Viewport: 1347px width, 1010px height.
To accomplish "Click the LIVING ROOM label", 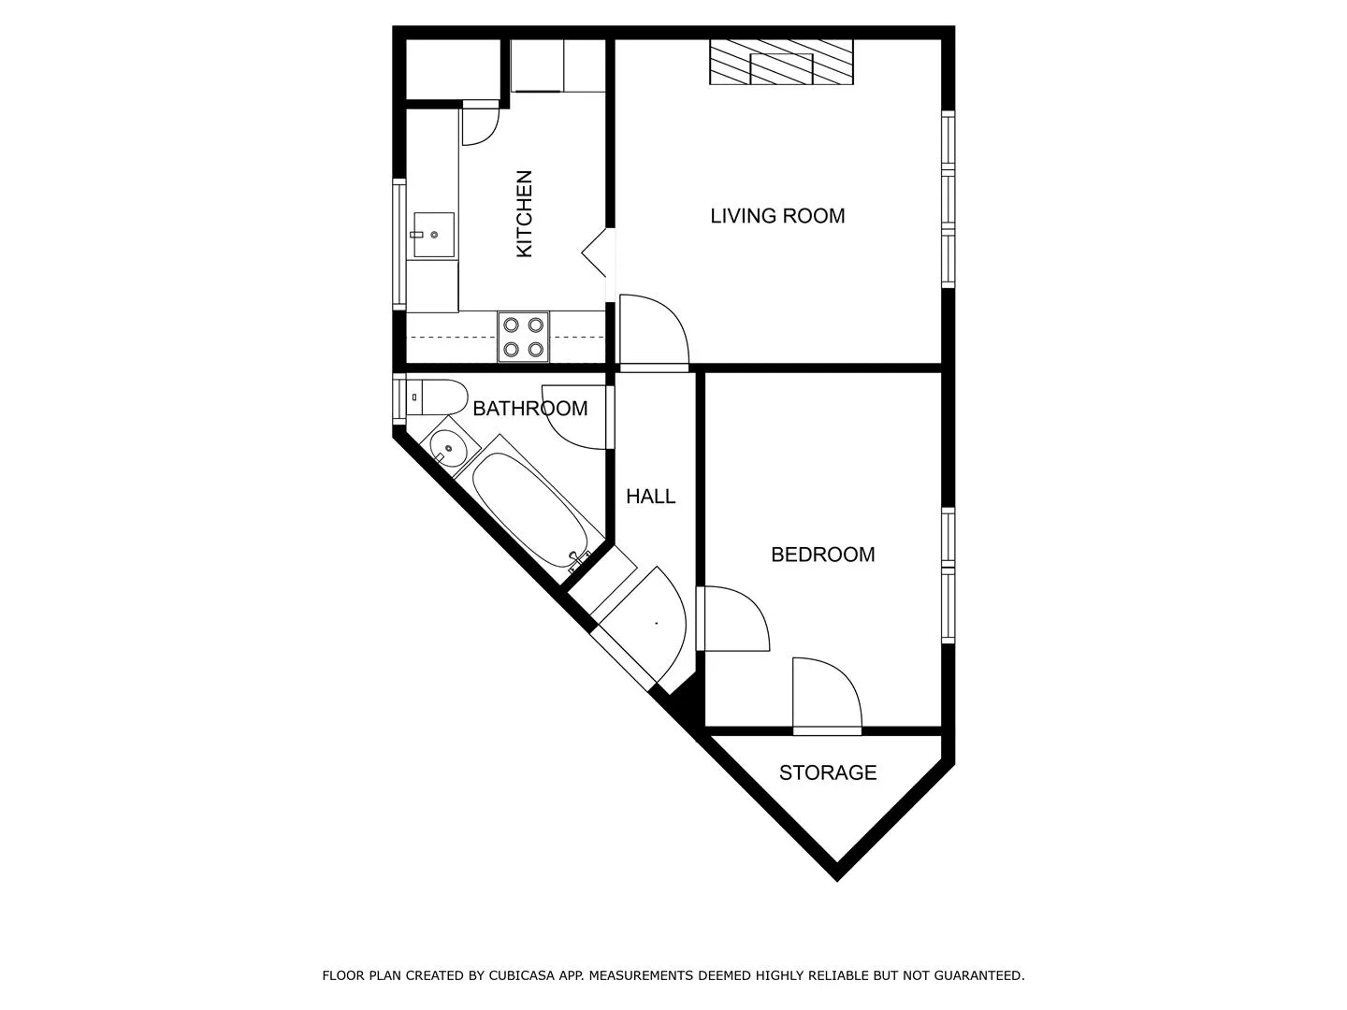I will (777, 216).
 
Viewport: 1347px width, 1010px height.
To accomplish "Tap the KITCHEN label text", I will (525, 214).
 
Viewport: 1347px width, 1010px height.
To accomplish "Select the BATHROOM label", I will (529, 409).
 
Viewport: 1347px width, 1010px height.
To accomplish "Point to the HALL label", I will (651, 497).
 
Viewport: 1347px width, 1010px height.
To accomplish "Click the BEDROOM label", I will (822, 555).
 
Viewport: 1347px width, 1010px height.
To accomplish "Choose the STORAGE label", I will (828, 772).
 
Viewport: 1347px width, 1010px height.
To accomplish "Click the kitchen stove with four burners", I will (524, 338).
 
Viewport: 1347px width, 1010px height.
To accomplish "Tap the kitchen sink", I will (432, 235).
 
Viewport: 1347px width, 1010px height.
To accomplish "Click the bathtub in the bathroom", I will (529, 508).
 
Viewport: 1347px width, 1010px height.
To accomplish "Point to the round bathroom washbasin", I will (449, 449).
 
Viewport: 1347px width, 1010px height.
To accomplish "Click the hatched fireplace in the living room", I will (781, 63).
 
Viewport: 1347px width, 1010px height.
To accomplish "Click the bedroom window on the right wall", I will (948, 574).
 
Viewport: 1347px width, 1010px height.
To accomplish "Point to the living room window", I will (948, 198).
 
